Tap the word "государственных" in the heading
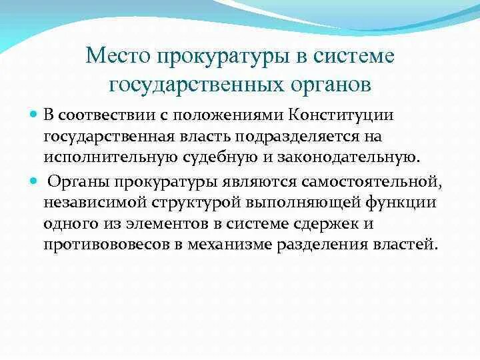[x=193, y=85]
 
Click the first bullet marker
[x=52, y=115]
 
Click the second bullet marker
[x=52, y=181]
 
